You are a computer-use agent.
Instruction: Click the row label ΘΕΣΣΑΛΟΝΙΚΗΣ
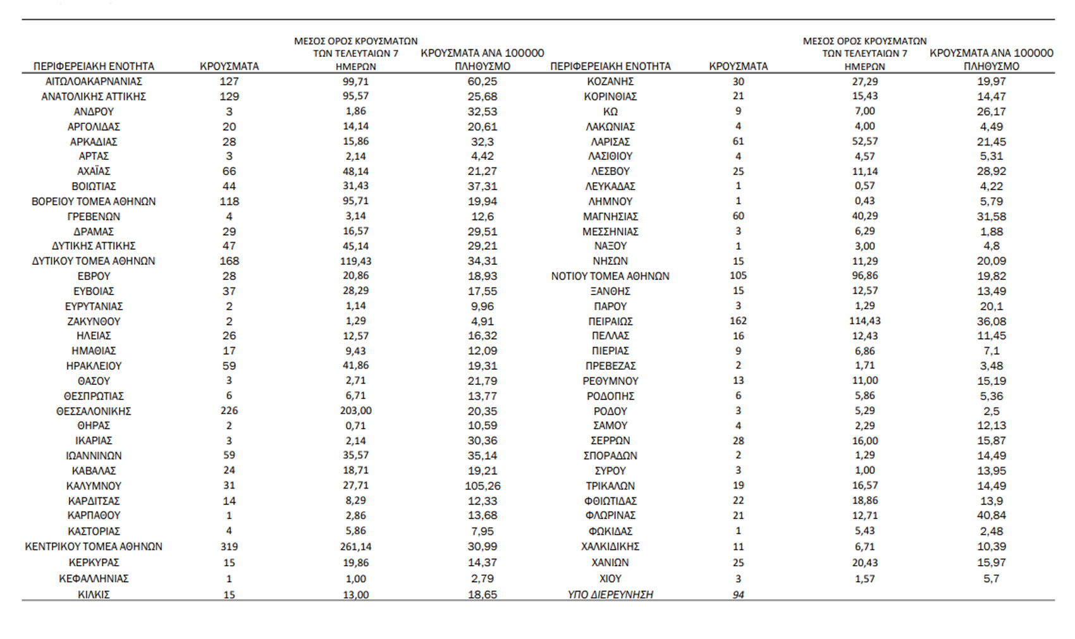(x=94, y=411)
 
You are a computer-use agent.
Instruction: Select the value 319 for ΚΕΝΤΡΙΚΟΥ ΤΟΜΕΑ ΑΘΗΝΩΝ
(x=229, y=547)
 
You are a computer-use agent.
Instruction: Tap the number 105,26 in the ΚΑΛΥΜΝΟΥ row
(x=482, y=486)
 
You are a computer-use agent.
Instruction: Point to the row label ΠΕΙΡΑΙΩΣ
(x=610, y=321)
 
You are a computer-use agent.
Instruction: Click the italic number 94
(x=738, y=595)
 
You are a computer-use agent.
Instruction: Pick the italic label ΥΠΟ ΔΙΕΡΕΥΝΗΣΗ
(x=610, y=595)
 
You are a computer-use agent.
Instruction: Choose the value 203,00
(x=355, y=411)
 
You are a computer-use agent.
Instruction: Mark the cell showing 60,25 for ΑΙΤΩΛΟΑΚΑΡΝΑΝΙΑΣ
(x=482, y=82)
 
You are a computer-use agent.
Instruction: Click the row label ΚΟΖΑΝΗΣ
(x=610, y=82)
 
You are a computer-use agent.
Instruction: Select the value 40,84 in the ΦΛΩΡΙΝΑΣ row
(x=991, y=516)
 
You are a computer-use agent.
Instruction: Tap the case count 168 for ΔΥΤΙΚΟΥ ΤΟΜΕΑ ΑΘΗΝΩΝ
(x=229, y=261)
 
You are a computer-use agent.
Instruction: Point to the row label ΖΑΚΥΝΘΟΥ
(x=94, y=321)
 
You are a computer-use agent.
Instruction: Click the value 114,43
(x=864, y=321)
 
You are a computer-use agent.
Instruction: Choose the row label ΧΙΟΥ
(x=610, y=579)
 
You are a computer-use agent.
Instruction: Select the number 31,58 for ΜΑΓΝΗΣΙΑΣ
(x=991, y=216)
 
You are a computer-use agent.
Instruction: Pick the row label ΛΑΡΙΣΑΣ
(x=610, y=142)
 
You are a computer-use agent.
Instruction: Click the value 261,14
(x=355, y=547)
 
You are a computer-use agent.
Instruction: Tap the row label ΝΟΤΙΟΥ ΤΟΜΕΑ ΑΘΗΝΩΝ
(x=610, y=276)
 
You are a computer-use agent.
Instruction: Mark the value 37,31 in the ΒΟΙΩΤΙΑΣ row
(x=482, y=186)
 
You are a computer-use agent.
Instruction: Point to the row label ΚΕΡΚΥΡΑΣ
(x=94, y=563)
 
